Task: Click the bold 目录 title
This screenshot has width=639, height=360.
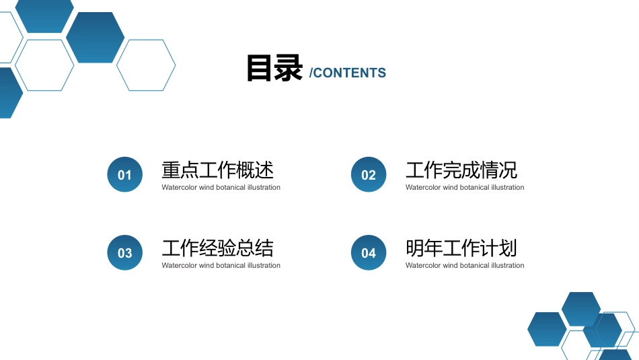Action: click(x=274, y=69)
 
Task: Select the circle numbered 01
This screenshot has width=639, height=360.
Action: click(x=124, y=174)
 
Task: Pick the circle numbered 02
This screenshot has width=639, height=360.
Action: click(x=369, y=174)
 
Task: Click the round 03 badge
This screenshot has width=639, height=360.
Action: click(x=124, y=252)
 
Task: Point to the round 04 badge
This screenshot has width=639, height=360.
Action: click(x=369, y=252)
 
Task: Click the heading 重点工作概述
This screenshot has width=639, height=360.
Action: click(x=218, y=170)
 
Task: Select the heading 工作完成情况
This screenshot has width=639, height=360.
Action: click(x=461, y=170)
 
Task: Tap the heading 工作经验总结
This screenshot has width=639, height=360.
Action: click(x=218, y=248)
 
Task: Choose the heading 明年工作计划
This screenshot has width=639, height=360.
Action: click(x=461, y=248)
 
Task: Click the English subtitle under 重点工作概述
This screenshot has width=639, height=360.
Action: click(x=221, y=188)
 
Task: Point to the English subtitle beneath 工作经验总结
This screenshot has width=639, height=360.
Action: click(x=221, y=265)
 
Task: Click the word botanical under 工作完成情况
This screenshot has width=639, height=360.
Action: click(x=474, y=188)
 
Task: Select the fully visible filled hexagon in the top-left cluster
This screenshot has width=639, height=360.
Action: click(x=96, y=38)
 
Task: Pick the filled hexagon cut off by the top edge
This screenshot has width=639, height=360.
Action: click(x=44, y=16)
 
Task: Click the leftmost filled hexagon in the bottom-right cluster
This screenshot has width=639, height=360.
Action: click(x=547, y=330)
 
